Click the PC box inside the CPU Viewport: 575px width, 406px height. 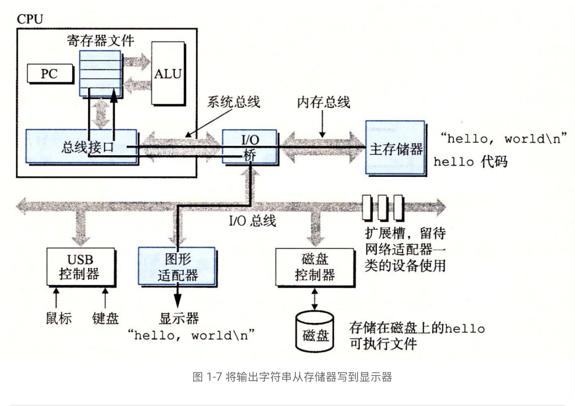tap(49, 73)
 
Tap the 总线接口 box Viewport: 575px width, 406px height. tap(81, 147)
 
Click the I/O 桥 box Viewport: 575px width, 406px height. tap(250, 147)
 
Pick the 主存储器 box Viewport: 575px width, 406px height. tap(396, 148)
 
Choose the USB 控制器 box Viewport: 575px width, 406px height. tap(80, 267)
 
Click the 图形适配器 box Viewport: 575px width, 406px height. tap(177, 267)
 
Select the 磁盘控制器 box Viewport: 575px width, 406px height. tap(315, 267)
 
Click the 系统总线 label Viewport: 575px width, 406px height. tap(233, 102)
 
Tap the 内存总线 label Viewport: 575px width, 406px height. tap(323, 102)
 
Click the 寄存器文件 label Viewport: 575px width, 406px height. tap(101, 41)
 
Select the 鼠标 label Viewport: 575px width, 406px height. tap(59, 318)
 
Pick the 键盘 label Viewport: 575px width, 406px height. tap(105, 318)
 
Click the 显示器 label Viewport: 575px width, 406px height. tap(179, 318)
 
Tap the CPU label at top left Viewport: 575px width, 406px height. tap(29, 19)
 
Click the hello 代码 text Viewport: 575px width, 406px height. tap(470, 161)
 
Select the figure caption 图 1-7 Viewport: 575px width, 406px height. tap(292, 377)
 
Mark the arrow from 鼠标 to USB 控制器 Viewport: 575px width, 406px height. tap(57, 297)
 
